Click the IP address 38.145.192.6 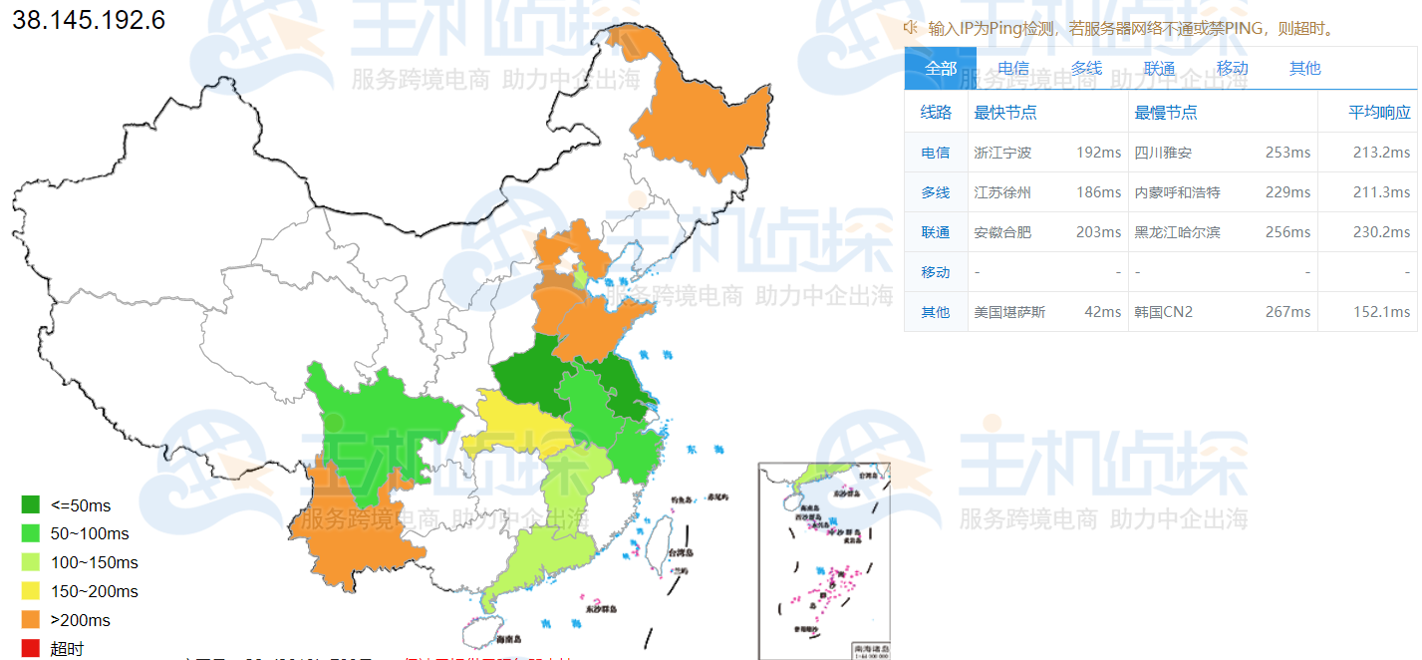pos(89,20)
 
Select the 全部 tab pos(941,68)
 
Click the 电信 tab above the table pos(1013,68)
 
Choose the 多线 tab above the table pos(1086,68)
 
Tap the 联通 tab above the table pos(1159,68)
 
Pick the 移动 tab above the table pos(1232,68)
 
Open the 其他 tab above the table pos(1304,68)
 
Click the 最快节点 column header pos(1005,113)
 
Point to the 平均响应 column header pos(1379,113)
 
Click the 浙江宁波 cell pos(1002,153)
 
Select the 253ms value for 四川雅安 pos(1287,153)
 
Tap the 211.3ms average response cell pos(1381,192)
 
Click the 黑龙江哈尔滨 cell pos(1177,232)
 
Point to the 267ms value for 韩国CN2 pos(1287,312)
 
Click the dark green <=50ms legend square pos(31,505)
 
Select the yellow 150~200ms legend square pos(31,591)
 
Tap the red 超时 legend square pos(31,649)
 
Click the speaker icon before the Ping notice pos(911,28)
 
